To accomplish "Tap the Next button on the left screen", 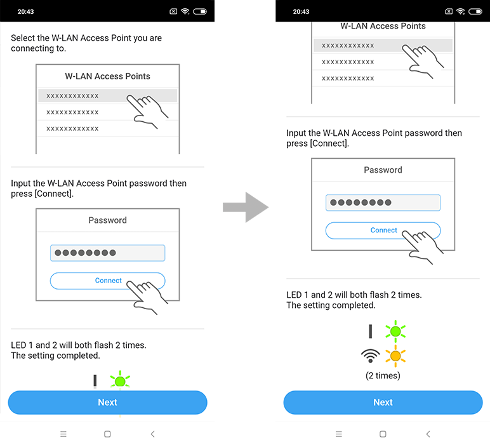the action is [107, 403].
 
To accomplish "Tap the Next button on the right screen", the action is [383, 403].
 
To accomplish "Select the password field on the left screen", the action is [107, 253].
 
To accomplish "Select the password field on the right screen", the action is [383, 203].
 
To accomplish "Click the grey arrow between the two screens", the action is [246, 207].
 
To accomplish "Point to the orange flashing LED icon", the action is [395, 356].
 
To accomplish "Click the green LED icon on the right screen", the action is [395, 331].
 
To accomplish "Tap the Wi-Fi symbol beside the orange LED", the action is [370, 356].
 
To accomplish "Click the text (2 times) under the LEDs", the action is [383, 375].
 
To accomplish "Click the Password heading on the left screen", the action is [107, 220].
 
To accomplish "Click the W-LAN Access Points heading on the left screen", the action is [107, 76].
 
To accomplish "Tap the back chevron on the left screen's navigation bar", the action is [152, 434].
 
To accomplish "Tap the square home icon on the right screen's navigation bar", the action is [383, 434].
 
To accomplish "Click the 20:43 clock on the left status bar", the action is [25, 12].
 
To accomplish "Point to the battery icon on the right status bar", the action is [475, 11].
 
